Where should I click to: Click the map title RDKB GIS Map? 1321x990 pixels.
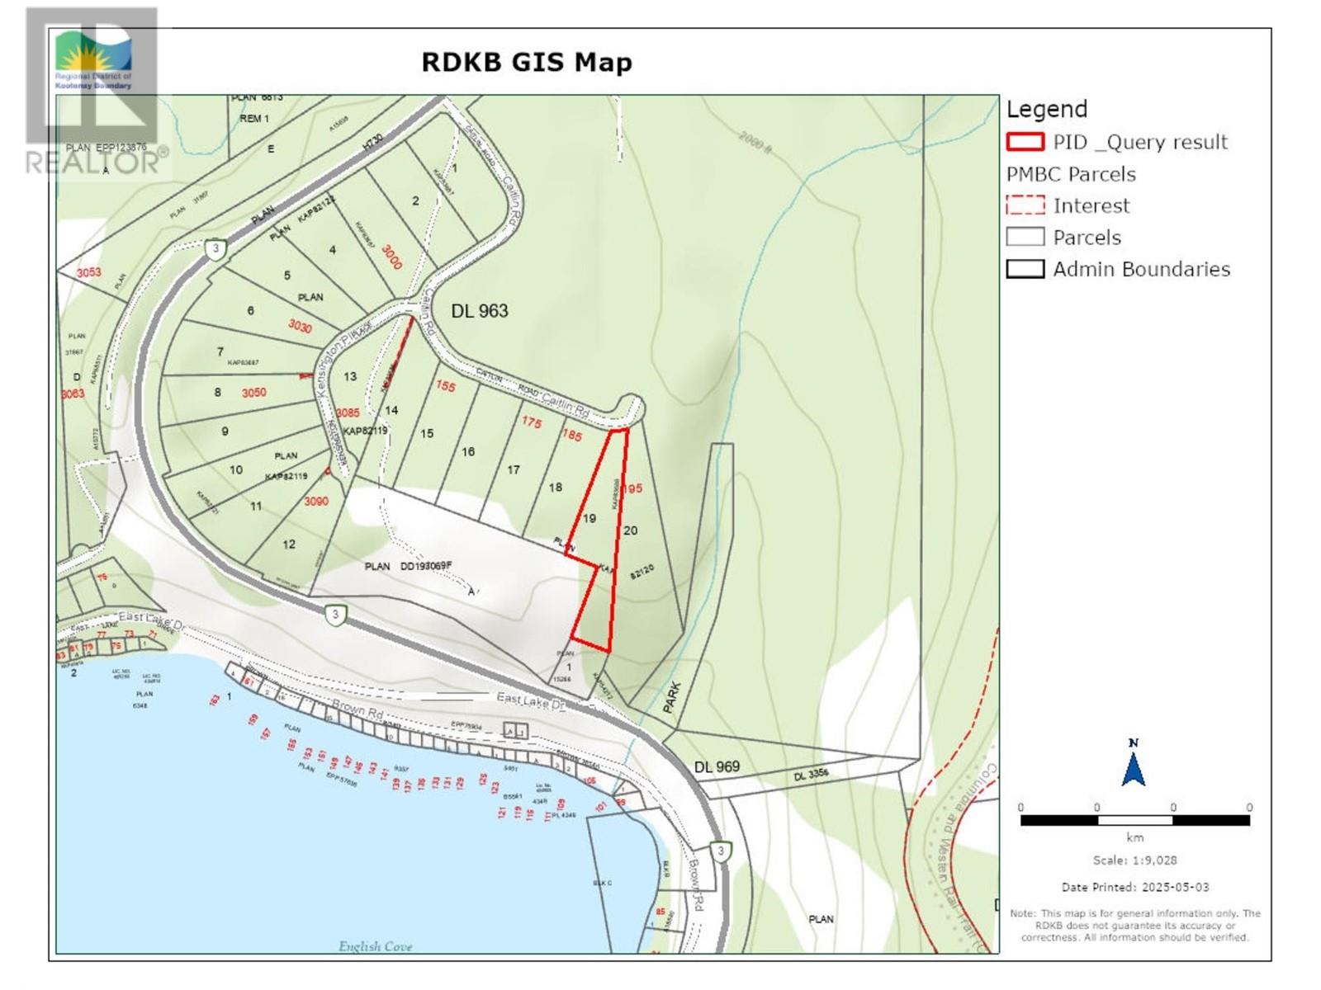[x=527, y=63]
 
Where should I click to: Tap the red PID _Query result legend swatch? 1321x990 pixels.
[x=1025, y=142]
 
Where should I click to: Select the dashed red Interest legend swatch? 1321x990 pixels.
[x=1025, y=205]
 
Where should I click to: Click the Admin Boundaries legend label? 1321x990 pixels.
[x=1141, y=269]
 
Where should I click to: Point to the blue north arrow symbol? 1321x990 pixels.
[x=1133, y=763]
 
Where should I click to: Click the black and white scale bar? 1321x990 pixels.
[x=1134, y=820]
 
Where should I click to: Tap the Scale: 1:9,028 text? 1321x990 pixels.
[x=1134, y=860]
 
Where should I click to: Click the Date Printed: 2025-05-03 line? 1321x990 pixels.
[x=1134, y=887]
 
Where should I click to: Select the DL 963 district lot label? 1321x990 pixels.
[x=480, y=311]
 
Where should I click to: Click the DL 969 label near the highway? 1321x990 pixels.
[x=717, y=767]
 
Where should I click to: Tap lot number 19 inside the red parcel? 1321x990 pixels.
[x=589, y=519]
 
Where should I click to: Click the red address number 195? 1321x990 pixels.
[x=632, y=488]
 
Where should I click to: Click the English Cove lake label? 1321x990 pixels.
[x=375, y=946]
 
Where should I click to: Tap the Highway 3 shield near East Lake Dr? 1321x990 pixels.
[x=334, y=615]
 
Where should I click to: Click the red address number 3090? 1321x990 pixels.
[x=316, y=501]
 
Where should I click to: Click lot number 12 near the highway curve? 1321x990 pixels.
[x=288, y=544]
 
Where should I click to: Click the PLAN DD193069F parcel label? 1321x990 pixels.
[x=409, y=566]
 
